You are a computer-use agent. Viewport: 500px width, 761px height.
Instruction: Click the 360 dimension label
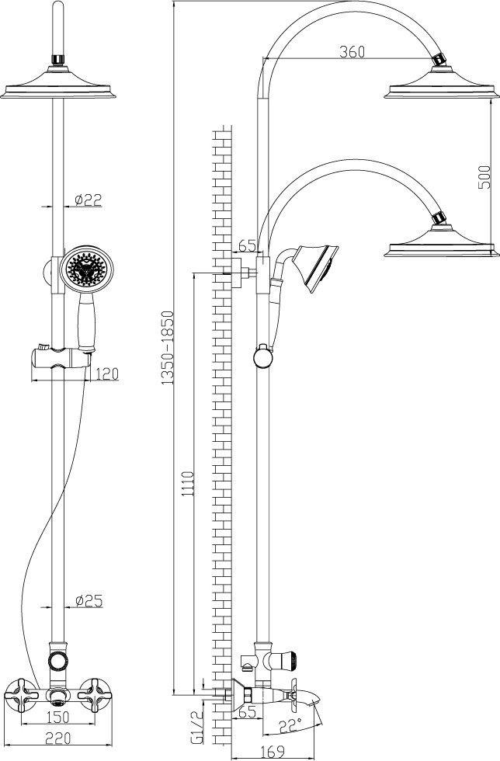[352, 51]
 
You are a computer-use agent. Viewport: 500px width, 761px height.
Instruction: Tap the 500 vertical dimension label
[484, 178]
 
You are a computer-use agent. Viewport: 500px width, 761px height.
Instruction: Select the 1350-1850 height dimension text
[168, 348]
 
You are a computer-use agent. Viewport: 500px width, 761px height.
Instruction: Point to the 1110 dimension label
[188, 483]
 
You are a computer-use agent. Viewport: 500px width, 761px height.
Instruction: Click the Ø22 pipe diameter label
[89, 200]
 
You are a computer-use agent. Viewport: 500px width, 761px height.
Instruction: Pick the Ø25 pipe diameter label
[89, 600]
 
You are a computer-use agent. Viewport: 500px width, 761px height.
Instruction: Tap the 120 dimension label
[107, 374]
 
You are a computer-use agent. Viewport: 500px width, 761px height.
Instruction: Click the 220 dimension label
[57, 738]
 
